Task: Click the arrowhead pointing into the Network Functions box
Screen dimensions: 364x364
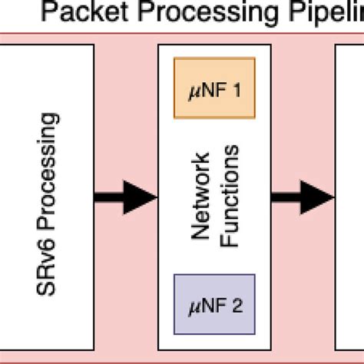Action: pos(143,199)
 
